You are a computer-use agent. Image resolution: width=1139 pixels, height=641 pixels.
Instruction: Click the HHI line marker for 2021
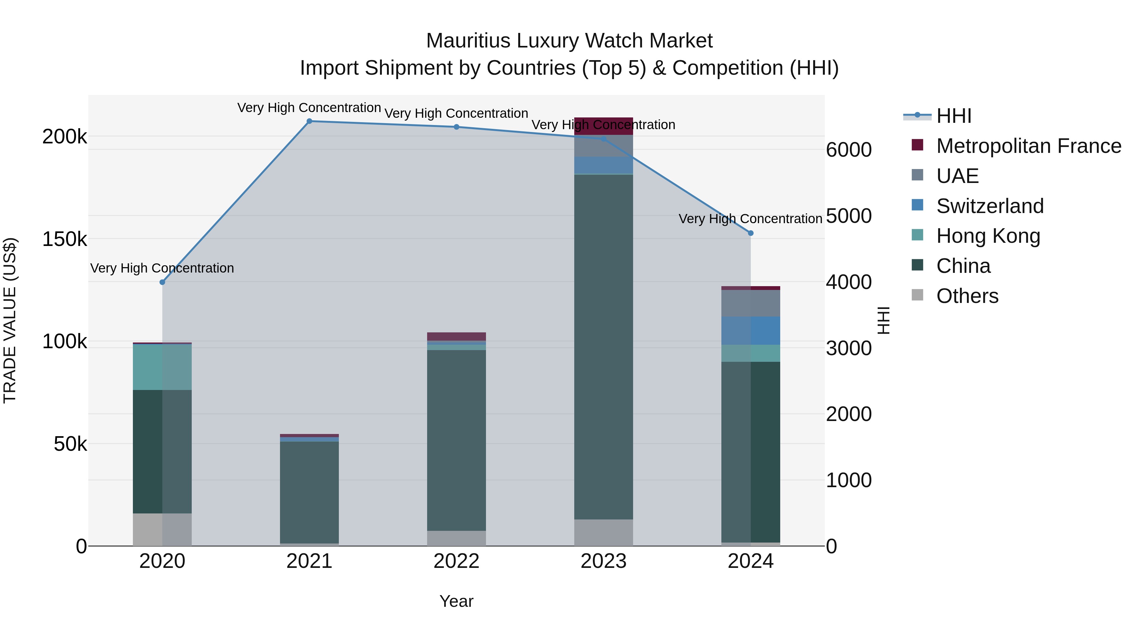coord(309,121)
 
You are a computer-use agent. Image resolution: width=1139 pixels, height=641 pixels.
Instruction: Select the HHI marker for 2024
coord(750,233)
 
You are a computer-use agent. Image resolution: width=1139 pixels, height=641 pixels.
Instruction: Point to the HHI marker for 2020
coord(162,282)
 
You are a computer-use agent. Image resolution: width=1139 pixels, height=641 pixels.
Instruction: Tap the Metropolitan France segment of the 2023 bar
coord(604,126)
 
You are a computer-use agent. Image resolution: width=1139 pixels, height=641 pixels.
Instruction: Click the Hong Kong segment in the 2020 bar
coord(162,367)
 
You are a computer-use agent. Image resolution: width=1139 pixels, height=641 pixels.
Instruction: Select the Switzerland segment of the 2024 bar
coord(750,330)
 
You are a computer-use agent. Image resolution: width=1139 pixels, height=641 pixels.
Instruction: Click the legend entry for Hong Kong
coord(988,236)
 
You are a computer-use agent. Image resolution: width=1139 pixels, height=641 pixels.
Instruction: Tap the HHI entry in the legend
coord(953,116)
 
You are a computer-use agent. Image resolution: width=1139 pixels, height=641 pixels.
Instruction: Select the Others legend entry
coord(967,296)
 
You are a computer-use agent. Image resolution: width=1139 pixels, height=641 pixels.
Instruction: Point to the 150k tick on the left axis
coord(65,239)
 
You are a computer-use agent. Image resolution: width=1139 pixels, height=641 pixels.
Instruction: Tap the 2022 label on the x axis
coord(456,561)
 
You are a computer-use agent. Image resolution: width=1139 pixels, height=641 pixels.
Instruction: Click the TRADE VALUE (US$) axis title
coord(10,320)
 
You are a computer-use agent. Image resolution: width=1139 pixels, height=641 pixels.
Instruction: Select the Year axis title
coord(456,601)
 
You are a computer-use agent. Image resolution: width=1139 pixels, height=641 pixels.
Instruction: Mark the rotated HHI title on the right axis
coord(883,320)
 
